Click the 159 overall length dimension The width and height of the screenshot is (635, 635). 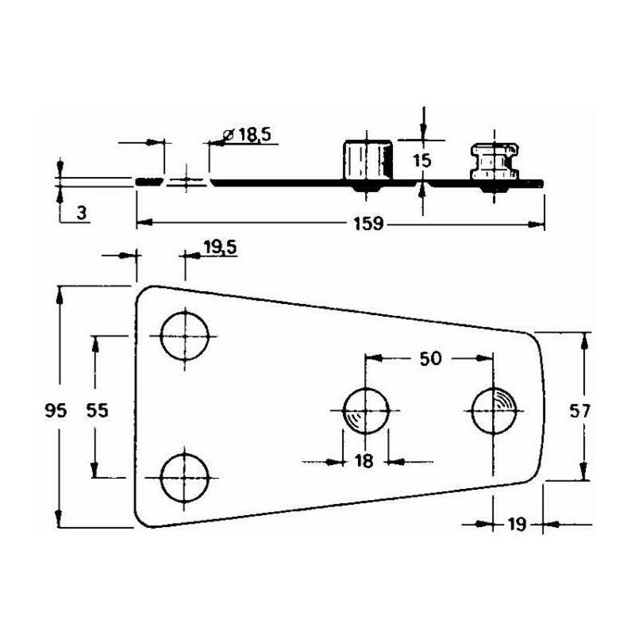coord(368,224)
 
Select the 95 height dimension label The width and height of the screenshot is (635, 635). coord(56,411)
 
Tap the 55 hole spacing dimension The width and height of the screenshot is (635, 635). coord(98,410)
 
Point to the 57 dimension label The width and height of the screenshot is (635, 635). coord(579,411)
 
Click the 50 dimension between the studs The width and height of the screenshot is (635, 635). coord(430,359)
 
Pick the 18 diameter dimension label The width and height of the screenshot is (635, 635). coord(364,461)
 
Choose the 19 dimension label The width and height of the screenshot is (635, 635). coord(517,525)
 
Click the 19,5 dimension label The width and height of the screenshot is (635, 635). coord(221,248)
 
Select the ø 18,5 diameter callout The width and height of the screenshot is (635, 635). coord(247,134)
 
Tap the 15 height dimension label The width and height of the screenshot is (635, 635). coord(422,161)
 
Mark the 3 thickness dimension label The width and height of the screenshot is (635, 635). coord(82,213)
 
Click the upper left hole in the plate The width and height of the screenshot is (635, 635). coord(185,336)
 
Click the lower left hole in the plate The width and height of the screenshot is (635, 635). coord(185,478)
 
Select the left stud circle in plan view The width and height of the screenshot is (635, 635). coord(366,411)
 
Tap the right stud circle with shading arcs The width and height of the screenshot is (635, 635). coord(494,411)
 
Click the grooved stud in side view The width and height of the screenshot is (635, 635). coord(494,161)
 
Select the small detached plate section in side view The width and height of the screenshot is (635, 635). coord(149,182)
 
